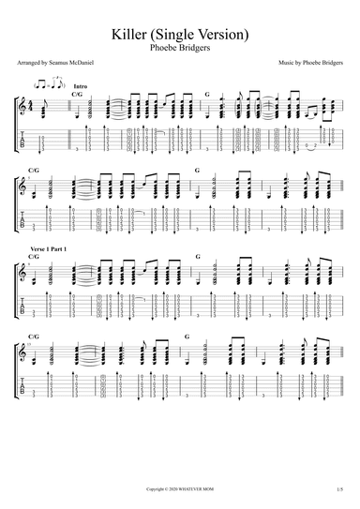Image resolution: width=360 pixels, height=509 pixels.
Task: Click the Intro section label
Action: pyautogui.click(x=77, y=86)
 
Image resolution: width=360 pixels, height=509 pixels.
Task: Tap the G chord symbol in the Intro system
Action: pyautogui.click(x=208, y=94)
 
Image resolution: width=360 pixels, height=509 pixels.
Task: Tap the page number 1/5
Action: pyautogui.click(x=339, y=488)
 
